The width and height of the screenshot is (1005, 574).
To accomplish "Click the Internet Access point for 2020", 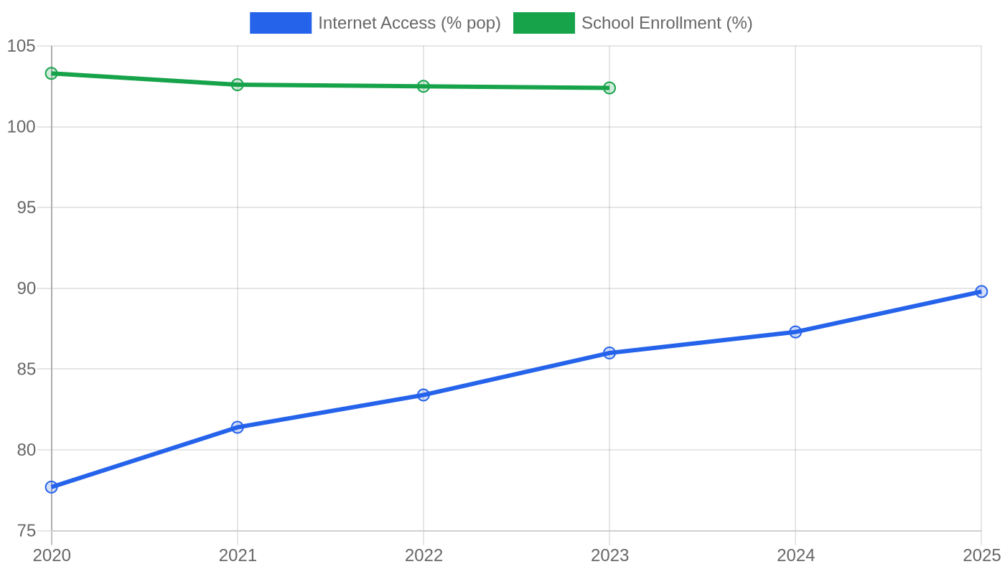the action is click(x=52, y=487).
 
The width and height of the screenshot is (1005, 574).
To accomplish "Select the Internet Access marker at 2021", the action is click(x=238, y=428).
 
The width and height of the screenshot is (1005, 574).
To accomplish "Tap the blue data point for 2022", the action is click(x=423, y=395).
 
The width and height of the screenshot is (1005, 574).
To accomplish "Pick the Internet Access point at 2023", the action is click(x=609, y=353).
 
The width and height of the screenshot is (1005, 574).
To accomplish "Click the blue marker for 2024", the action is click(x=795, y=331).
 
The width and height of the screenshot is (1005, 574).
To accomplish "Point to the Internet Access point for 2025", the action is click(x=981, y=291).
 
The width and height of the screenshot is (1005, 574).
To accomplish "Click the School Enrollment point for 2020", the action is click(x=52, y=73).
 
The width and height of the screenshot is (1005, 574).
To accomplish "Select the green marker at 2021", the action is click(x=238, y=85).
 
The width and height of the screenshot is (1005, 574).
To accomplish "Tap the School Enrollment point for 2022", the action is click(x=423, y=86).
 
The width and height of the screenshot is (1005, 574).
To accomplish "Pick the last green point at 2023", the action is click(x=609, y=88).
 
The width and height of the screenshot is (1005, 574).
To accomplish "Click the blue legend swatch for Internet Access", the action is click(x=281, y=23).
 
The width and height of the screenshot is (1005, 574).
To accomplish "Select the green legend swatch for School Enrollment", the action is click(x=544, y=23).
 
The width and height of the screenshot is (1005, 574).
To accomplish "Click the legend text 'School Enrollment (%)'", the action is click(x=667, y=23).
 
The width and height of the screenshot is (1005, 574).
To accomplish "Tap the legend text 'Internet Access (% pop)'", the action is click(x=410, y=23).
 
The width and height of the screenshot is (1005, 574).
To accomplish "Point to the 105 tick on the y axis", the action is click(x=21, y=46).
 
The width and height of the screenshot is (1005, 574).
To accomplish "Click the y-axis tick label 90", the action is click(x=26, y=288).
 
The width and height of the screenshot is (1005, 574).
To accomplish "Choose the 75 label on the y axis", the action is click(x=26, y=531).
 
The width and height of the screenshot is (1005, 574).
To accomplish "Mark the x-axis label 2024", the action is click(x=796, y=555).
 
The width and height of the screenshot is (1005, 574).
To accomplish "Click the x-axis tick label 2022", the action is click(x=424, y=555).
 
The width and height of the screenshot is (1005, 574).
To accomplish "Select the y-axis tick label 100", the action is click(x=21, y=127).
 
